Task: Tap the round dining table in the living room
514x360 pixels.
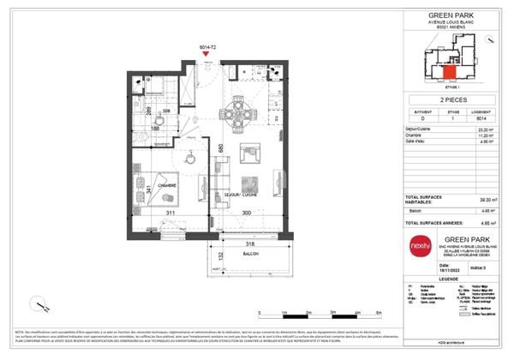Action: [236, 112]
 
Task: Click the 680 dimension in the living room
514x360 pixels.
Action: [220, 147]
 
